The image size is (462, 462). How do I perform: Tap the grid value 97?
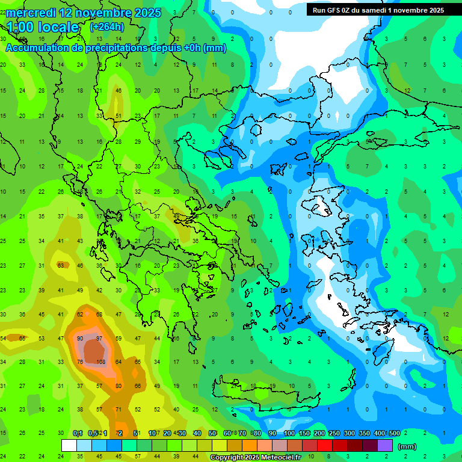[x=100, y=339]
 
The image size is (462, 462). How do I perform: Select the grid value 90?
[x=80, y=339]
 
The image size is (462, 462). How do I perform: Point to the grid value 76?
[x=80, y=362]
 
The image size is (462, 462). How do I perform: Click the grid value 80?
[x=119, y=386]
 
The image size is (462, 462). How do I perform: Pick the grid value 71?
[x=119, y=409]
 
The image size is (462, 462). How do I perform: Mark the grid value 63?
[x=61, y=265]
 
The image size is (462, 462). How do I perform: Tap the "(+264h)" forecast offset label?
[x=107, y=27]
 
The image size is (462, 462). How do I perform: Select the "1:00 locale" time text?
[x=43, y=27]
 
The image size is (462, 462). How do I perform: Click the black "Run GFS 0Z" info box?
[x=378, y=10]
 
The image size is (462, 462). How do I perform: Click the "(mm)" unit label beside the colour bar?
[x=407, y=446]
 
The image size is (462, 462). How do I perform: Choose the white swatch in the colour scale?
[x=69, y=445]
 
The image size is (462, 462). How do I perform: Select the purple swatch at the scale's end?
[x=385, y=445]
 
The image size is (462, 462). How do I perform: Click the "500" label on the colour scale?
[x=394, y=433]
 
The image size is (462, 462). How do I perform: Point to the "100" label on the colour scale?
[x=289, y=433]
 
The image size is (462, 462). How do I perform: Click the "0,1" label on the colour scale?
[x=78, y=433]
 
